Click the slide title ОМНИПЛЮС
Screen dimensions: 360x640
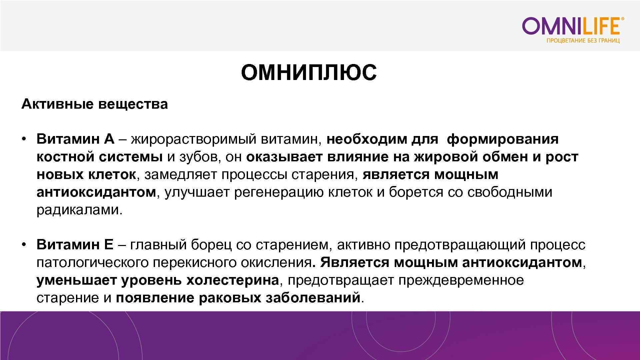pyautogui.click(x=309, y=73)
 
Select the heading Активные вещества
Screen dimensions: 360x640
pyautogui.click(x=94, y=104)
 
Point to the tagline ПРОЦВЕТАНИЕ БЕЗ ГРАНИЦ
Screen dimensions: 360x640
pyautogui.click(x=583, y=41)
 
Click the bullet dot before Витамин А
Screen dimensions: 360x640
pyautogui.click(x=24, y=139)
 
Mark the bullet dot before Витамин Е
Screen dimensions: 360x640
pyautogui.click(x=24, y=245)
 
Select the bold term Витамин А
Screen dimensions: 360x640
pyautogui.click(x=75, y=139)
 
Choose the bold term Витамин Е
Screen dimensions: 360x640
pyautogui.click(x=75, y=245)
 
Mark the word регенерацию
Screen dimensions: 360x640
pyautogui.click(x=279, y=192)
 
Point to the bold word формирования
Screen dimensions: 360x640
pyautogui.click(x=502, y=139)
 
